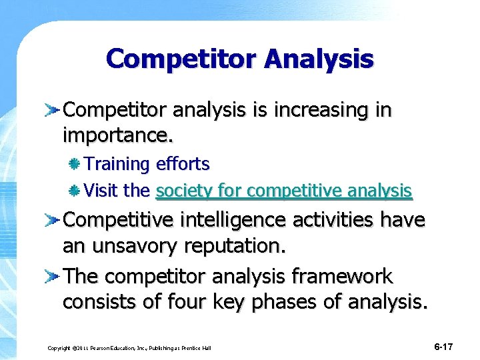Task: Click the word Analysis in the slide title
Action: coord(319,59)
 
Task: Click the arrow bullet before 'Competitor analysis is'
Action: coord(54,109)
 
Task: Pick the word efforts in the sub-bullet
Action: coord(183,164)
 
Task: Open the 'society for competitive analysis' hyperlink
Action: coord(284,191)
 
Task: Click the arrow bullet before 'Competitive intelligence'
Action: coord(54,219)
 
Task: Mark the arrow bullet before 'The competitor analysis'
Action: coord(54,275)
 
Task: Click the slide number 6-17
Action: coord(443,347)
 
